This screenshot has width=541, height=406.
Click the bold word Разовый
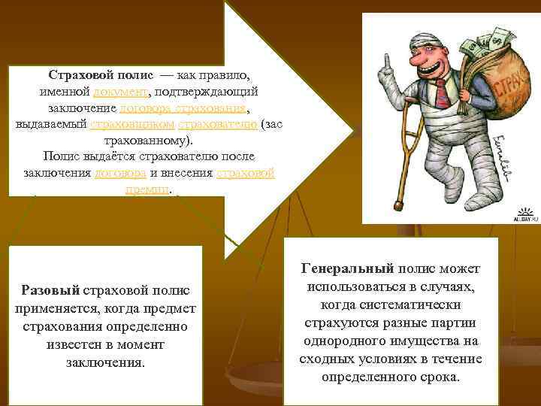pos(46,289)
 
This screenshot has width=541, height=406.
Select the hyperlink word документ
pos(120,92)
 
